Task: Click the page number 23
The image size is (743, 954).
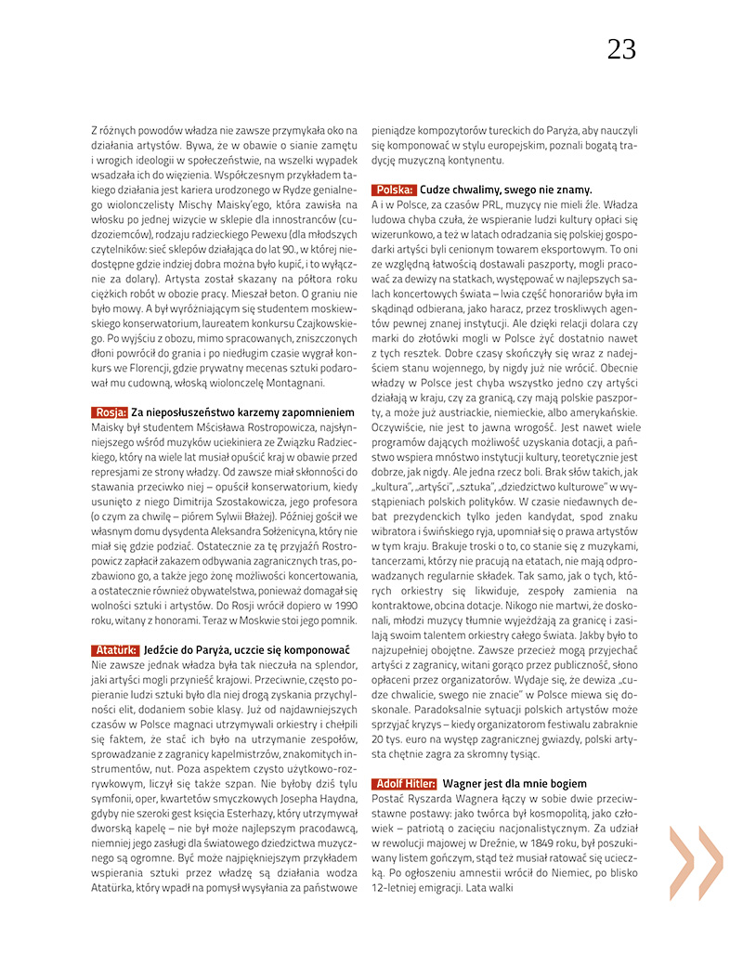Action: (621, 49)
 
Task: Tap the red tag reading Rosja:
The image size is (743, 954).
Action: (111, 412)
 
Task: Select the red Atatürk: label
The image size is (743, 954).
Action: (116, 650)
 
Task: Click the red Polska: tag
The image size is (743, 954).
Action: (394, 189)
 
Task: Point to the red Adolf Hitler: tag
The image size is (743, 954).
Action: (405, 784)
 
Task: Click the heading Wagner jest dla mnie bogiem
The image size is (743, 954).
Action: (515, 784)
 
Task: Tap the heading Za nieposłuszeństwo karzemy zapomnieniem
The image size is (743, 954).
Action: (243, 412)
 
